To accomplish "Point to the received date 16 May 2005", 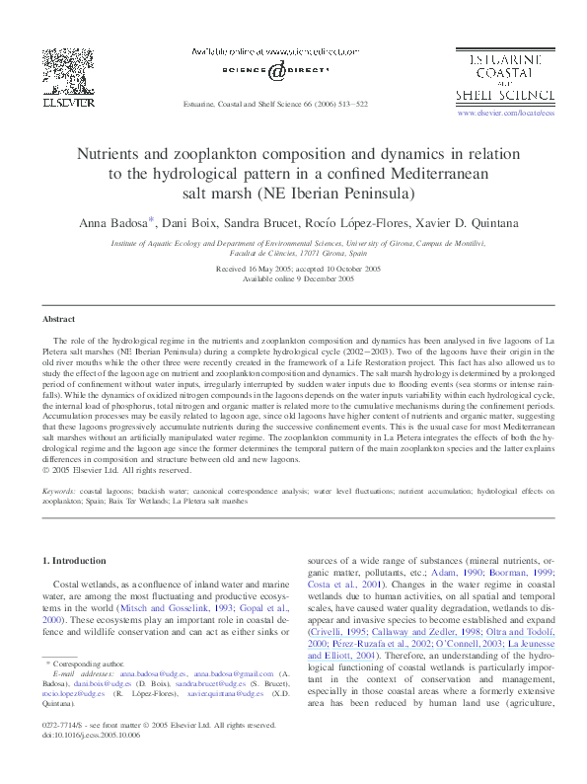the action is coord(251,269).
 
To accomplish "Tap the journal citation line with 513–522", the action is coord(275,104).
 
